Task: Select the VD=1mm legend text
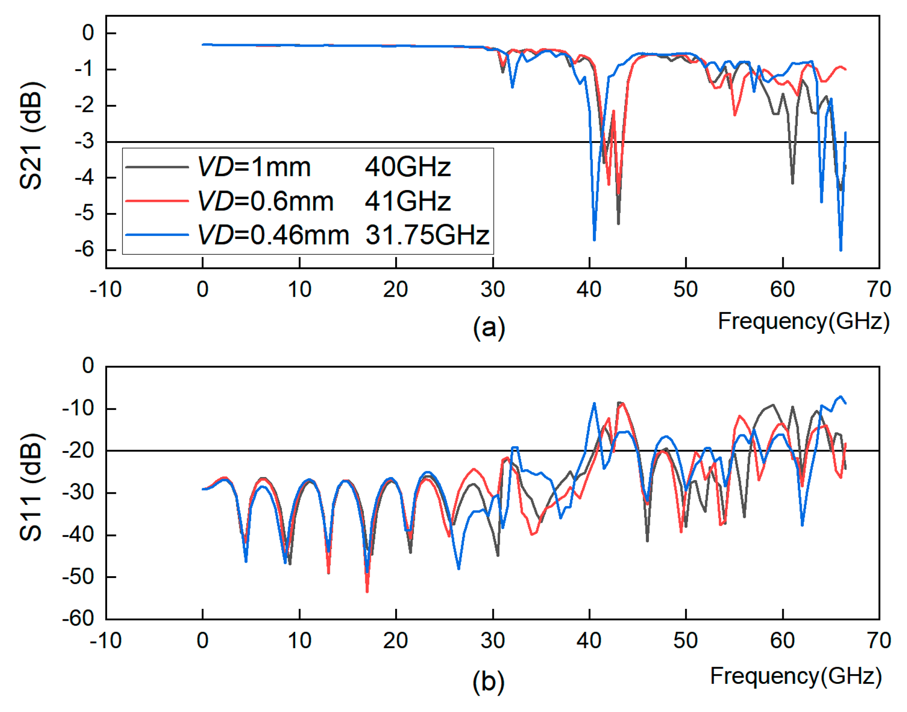pyautogui.click(x=254, y=167)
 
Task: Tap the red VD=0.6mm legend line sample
pyautogui.click(x=157, y=201)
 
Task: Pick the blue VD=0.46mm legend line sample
pyautogui.click(x=157, y=235)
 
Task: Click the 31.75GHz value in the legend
pyautogui.click(x=427, y=235)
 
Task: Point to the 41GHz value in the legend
pyautogui.click(x=407, y=201)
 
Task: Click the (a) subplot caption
pyautogui.click(x=489, y=328)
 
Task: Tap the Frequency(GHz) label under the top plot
pyautogui.click(x=803, y=321)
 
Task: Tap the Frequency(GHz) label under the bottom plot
pyautogui.click(x=796, y=676)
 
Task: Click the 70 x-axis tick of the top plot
pyautogui.click(x=879, y=290)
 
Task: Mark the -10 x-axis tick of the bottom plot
pyautogui.click(x=106, y=641)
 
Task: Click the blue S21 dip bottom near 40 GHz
pyautogui.click(x=594, y=239)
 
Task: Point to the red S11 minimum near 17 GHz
pyautogui.click(x=367, y=591)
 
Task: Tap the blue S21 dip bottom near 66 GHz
pyautogui.click(x=840, y=250)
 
